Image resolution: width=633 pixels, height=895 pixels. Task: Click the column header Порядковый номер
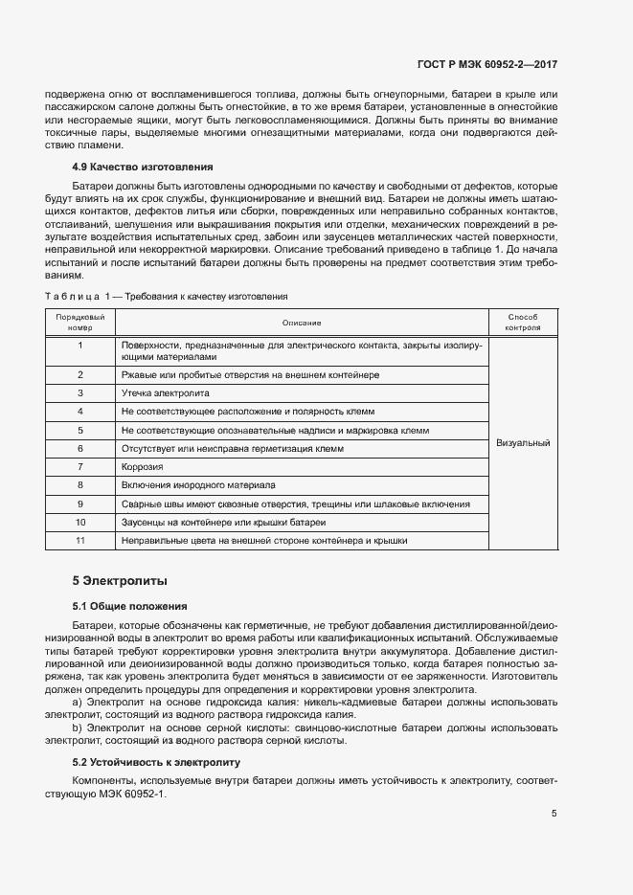(x=80, y=322)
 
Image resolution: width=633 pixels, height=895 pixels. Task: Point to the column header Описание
(x=302, y=323)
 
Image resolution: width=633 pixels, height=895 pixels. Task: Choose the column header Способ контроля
(x=523, y=322)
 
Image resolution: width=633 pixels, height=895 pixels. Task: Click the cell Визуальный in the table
(x=523, y=443)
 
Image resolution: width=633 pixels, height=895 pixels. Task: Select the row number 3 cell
(x=80, y=392)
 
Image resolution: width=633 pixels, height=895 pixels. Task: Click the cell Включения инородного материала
(x=197, y=484)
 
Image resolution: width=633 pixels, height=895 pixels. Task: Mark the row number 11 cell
(x=80, y=540)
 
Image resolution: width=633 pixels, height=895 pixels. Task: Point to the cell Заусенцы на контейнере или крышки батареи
(x=223, y=522)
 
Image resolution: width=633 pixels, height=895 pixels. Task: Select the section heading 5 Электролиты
(x=120, y=580)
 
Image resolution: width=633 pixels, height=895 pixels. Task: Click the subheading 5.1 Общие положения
(x=129, y=606)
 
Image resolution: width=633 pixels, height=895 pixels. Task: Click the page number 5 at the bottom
(x=554, y=814)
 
